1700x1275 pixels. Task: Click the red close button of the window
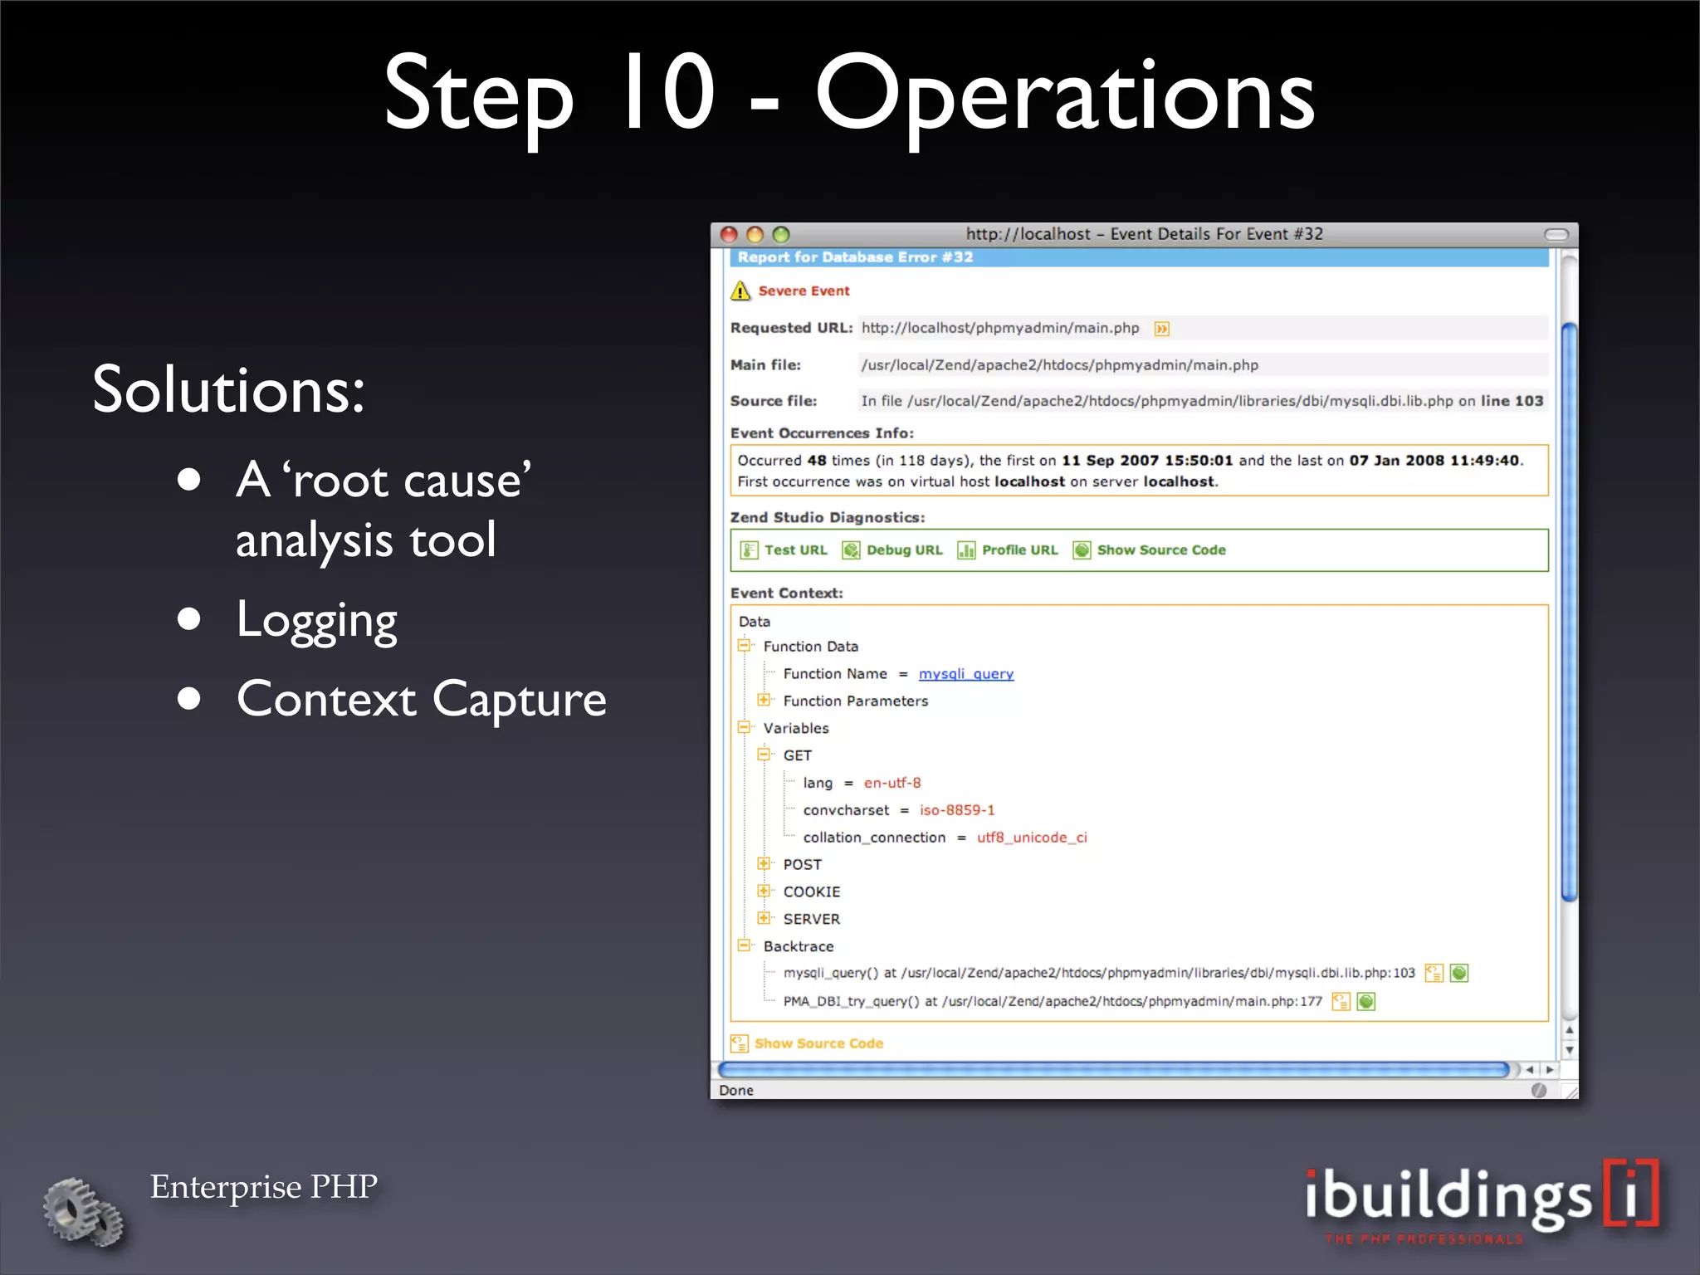(x=729, y=235)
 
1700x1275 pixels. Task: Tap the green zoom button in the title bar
(x=780, y=235)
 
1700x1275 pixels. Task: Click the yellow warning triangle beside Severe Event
(x=740, y=291)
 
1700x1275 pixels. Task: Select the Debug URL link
(x=904, y=550)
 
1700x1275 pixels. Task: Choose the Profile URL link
(x=1019, y=550)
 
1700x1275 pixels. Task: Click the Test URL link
(x=795, y=550)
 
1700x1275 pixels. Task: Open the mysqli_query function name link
(x=965, y=674)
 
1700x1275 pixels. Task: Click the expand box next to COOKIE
(x=764, y=891)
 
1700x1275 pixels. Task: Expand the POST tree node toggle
(x=764, y=863)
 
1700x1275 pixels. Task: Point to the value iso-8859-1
(x=956, y=810)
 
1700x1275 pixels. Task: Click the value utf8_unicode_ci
(x=1031, y=838)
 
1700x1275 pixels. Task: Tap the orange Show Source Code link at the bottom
(x=818, y=1043)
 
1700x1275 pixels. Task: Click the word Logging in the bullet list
(x=316, y=620)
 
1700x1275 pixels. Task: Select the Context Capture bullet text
(x=421, y=699)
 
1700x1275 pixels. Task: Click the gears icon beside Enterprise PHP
(x=83, y=1212)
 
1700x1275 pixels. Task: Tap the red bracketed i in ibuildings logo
(x=1630, y=1194)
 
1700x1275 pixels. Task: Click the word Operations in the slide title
(x=1064, y=95)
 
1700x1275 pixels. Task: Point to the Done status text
(x=736, y=1091)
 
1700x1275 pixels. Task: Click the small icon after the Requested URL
(x=1162, y=329)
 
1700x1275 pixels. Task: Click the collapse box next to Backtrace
(x=744, y=945)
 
